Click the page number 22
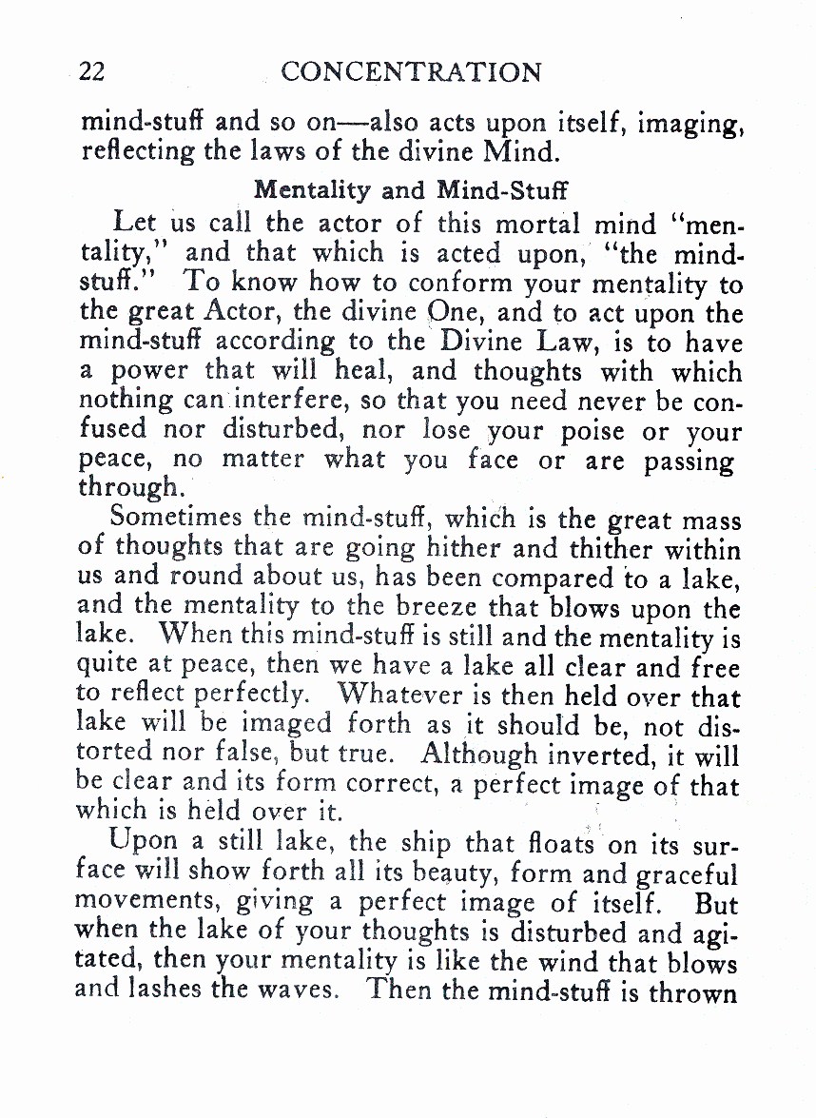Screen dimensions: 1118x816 93,72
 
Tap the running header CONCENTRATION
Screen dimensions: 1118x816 412,72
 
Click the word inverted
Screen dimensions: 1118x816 606,755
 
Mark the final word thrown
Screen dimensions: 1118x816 692,991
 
